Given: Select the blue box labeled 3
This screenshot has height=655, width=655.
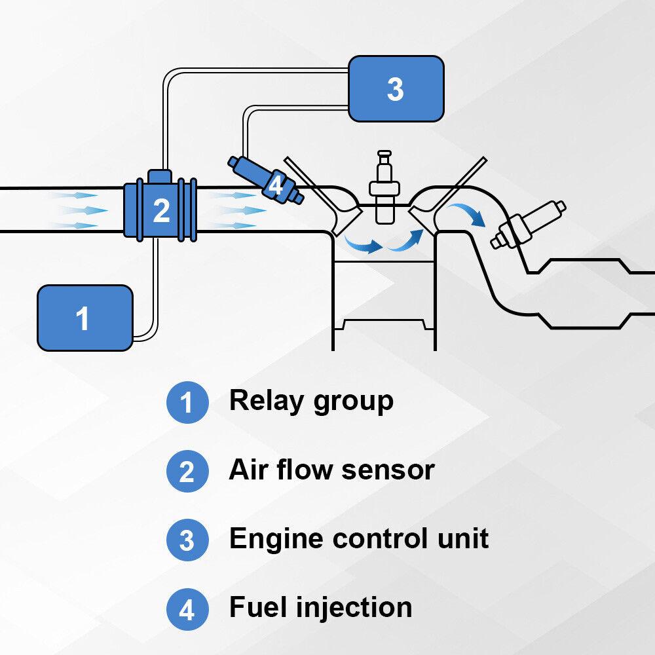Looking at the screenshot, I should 396,88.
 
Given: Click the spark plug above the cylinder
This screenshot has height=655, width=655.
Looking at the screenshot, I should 384,190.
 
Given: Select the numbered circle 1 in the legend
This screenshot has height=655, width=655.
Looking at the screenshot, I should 187,402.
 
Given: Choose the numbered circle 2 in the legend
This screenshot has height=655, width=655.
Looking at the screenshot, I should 187,472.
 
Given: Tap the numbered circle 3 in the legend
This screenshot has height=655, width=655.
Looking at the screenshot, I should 187,541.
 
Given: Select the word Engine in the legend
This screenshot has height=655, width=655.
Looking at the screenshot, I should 276,540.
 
